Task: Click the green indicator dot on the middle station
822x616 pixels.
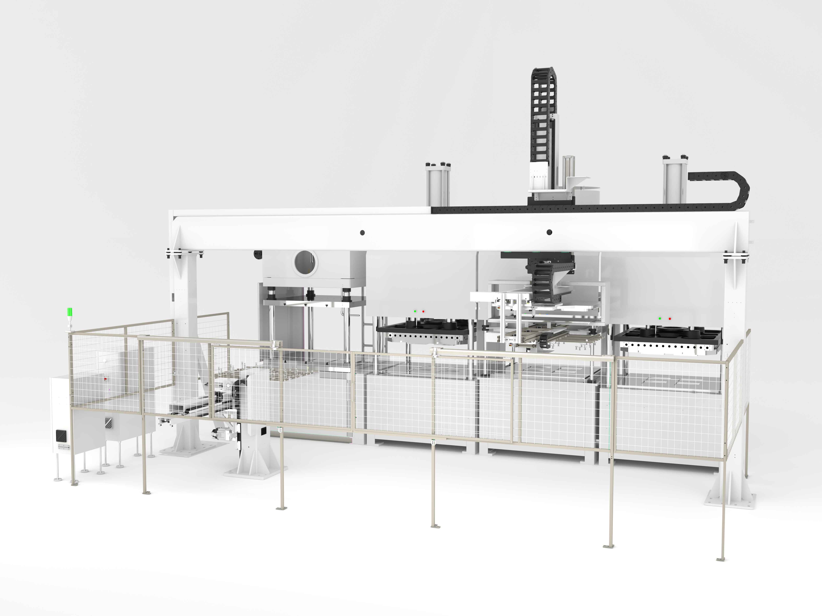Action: [415, 311]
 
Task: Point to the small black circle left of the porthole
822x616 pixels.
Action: [257, 254]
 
